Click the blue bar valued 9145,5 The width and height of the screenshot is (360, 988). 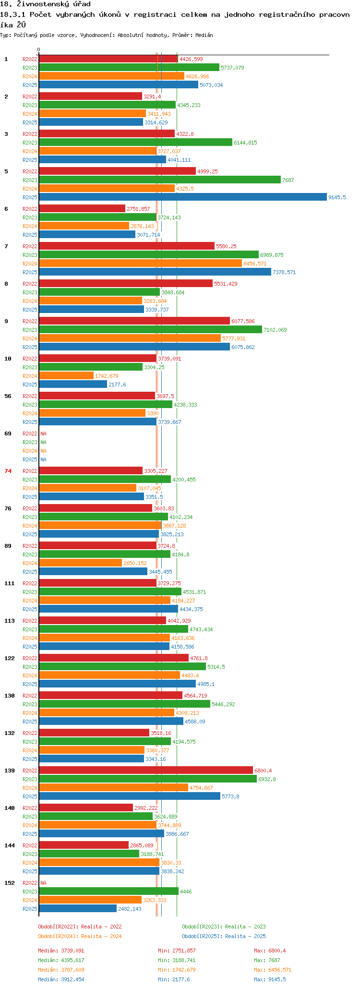(182, 197)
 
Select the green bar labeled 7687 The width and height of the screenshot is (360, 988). (159, 180)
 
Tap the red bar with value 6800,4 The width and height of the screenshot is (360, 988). (145, 771)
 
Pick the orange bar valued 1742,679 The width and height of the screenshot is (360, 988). (66, 376)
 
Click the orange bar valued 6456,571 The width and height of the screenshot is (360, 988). (140, 264)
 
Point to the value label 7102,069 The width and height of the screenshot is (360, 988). (275, 330)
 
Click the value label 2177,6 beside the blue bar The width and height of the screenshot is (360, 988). (117, 385)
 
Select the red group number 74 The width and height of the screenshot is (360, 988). (8, 471)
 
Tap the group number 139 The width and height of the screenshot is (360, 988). (9, 771)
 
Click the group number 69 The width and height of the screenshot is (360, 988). (8, 434)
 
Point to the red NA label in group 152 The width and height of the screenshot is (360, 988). (43, 883)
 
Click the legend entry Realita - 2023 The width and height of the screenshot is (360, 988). (224, 927)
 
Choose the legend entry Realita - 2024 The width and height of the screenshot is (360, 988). (80, 936)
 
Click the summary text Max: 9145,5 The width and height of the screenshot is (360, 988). (270, 979)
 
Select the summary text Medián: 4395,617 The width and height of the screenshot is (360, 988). (61, 960)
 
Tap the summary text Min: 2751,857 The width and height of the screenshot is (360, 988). (177, 951)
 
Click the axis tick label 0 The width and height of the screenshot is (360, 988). (39, 49)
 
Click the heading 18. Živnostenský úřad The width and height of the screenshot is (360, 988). (45, 4)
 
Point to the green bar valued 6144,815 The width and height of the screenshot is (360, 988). (135, 143)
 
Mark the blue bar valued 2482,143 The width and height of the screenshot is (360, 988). (78, 909)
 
